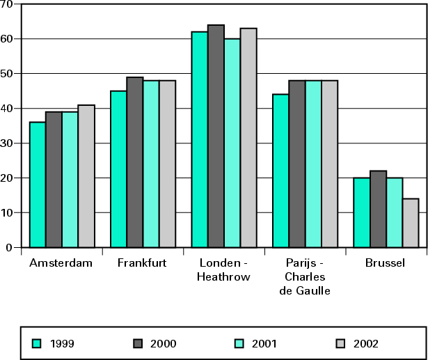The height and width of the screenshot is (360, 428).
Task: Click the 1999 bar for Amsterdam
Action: click(x=38, y=185)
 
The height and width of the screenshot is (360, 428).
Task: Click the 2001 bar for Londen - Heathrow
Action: click(x=232, y=143)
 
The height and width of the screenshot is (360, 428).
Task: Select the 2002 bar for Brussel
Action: click(x=411, y=223)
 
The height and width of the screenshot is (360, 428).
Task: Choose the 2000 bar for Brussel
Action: click(x=378, y=209)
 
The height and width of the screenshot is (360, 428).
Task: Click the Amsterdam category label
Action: click(x=61, y=263)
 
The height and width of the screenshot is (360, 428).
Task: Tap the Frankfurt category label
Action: click(x=142, y=263)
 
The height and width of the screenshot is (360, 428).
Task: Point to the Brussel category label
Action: click(x=385, y=263)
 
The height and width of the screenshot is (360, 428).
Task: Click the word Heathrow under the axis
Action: click(x=223, y=276)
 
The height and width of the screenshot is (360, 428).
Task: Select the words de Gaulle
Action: click(x=304, y=290)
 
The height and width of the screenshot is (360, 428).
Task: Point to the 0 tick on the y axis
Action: click(x=9, y=247)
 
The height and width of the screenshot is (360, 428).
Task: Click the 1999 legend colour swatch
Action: click(x=37, y=343)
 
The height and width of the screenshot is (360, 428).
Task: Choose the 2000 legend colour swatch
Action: click(x=138, y=343)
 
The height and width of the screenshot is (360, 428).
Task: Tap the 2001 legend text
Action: click(x=266, y=343)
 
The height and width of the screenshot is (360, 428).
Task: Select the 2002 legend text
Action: click(x=366, y=343)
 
